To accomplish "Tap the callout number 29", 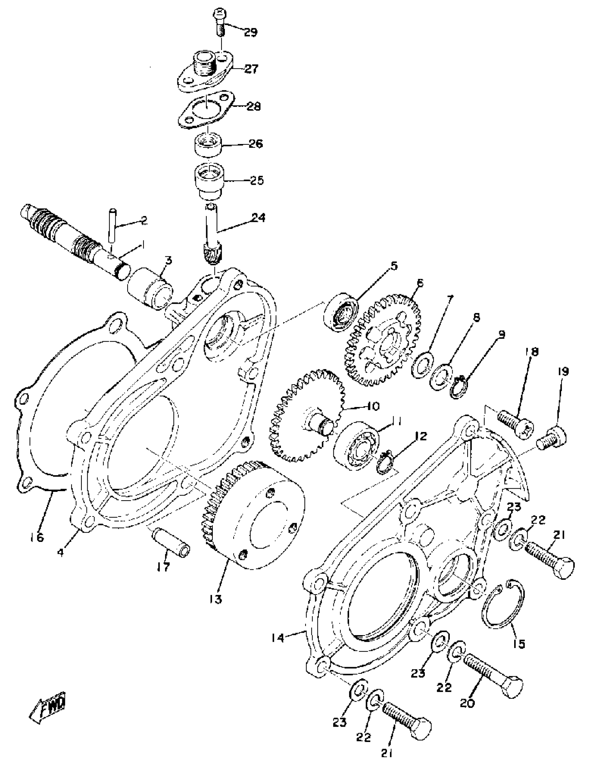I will tap(251, 32).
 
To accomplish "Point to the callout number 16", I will tap(37, 537).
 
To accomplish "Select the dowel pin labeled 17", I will tap(171, 542).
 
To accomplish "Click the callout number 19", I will tap(563, 372).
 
